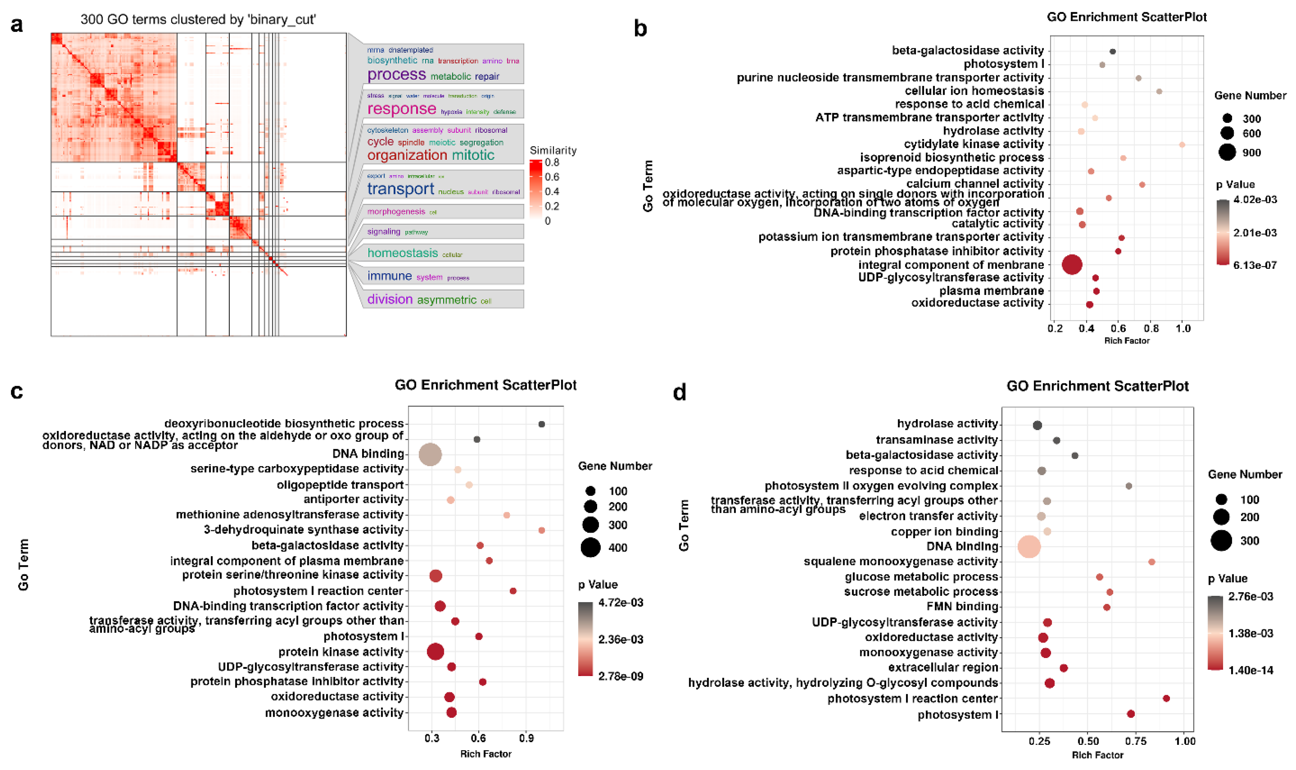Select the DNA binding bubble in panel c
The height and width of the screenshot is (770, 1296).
430,455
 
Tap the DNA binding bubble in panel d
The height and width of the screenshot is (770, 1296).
1029,547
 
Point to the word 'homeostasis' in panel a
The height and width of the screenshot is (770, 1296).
402,253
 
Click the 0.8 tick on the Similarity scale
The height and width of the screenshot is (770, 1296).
552,163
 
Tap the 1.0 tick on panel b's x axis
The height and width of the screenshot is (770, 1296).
1182,328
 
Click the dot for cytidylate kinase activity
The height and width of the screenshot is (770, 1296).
1182,145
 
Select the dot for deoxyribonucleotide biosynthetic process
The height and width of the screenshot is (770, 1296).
542,424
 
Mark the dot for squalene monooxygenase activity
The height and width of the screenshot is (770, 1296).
1151,562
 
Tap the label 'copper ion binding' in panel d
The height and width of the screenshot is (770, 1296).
944,532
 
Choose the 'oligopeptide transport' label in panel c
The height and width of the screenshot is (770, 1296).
340,485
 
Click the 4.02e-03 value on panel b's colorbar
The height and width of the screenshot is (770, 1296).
1255,200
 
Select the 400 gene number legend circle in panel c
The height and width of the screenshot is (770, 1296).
591,548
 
